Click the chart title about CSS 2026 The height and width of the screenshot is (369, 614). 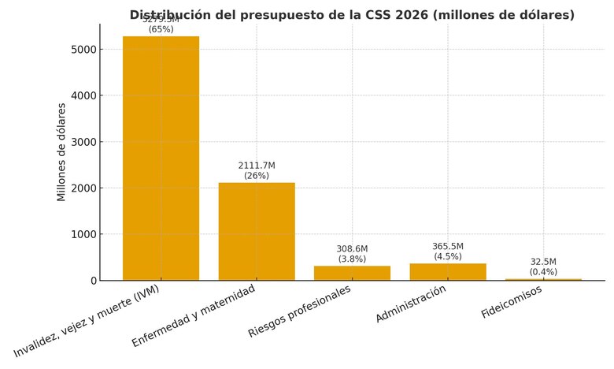(x=352, y=15)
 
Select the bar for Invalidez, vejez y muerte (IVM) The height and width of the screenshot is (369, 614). (x=161, y=158)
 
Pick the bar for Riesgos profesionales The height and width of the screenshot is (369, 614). (x=352, y=273)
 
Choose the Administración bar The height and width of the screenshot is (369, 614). (x=448, y=271)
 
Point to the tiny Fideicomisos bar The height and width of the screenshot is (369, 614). (x=543, y=279)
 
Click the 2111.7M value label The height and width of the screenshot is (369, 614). (x=257, y=166)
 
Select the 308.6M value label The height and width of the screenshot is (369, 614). (x=352, y=248)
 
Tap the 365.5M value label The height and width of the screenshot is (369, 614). (x=448, y=246)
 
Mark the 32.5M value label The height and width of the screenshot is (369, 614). (x=543, y=262)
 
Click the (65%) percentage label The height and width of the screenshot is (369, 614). (x=161, y=30)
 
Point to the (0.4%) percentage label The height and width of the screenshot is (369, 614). (x=543, y=272)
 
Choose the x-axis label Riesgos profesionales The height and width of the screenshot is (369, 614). (x=299, y=311)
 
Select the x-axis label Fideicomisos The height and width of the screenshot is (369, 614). (x=511, y=302)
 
